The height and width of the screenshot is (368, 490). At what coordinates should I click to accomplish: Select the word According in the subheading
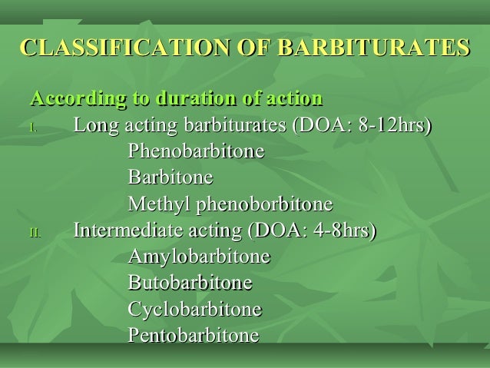point(68,100)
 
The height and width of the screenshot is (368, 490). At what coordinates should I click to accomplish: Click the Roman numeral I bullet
point(33,128)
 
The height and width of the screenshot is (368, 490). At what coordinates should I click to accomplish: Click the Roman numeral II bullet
point(35,233)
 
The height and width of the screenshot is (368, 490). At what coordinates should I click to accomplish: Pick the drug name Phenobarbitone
point(196,152)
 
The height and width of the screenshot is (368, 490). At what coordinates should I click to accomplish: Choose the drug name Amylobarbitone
point(199,257)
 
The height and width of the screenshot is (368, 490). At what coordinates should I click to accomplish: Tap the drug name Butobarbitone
point(190,283)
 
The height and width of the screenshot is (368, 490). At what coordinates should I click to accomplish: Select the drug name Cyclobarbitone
point(194,310)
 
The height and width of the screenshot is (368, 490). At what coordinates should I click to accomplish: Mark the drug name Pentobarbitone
point(193,337)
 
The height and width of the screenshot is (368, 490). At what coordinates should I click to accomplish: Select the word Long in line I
point(93,126)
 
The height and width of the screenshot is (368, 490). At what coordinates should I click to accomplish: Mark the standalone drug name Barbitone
point(170,178)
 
